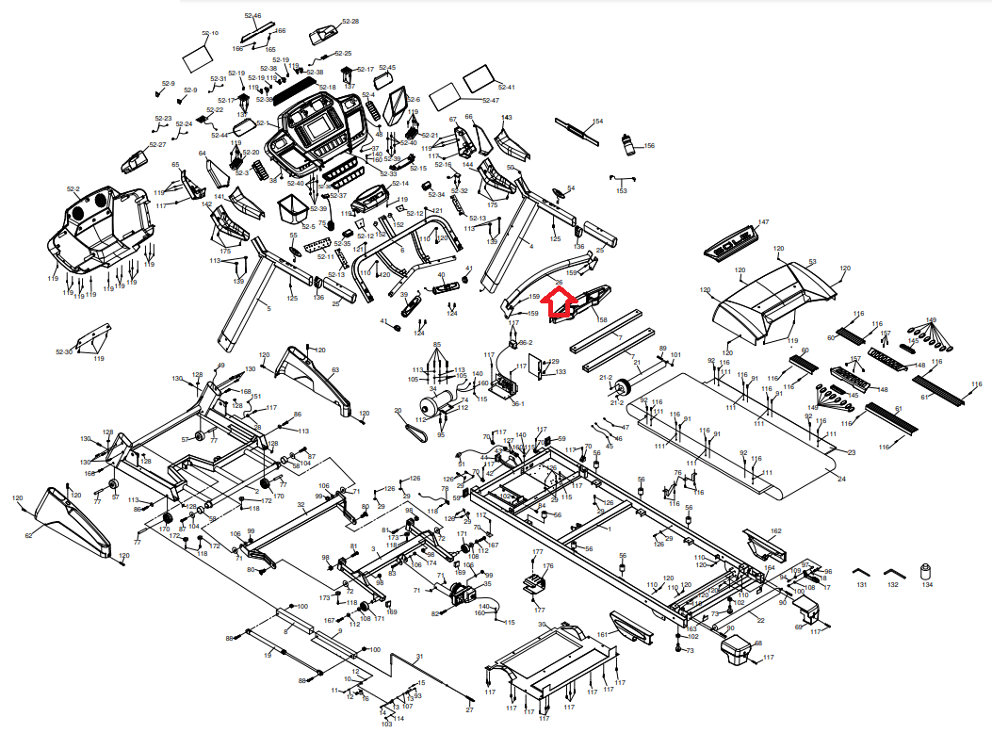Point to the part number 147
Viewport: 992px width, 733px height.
tap(764, 222)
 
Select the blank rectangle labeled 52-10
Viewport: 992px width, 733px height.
tap(199, 56)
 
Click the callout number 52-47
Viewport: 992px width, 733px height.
tap(490, 100)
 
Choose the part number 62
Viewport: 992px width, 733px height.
tap(28, 536)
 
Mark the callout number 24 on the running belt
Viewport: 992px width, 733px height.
tap(841, 480)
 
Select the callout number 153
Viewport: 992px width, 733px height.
tap(622, 191)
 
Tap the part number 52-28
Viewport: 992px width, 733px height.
tap(350, 21)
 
